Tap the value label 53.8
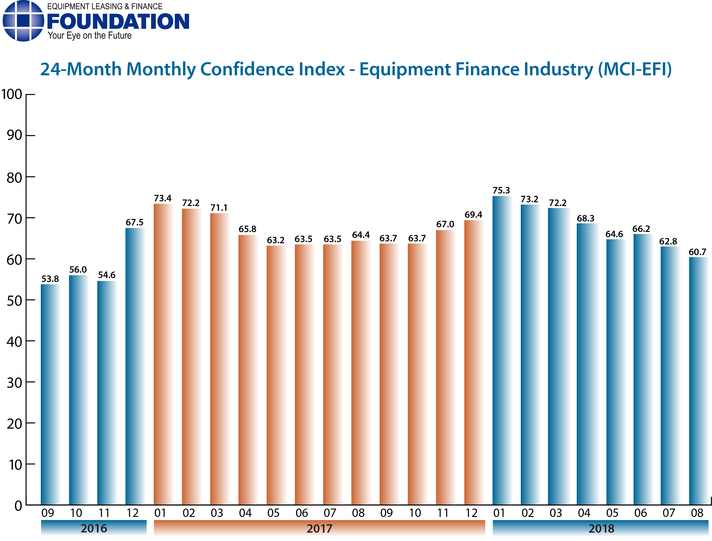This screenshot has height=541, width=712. (x=50, y=279)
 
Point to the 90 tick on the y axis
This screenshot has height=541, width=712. (x=15, y=135)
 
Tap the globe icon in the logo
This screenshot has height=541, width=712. (x=23, y=21)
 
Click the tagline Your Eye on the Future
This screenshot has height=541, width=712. (x=90, y=35)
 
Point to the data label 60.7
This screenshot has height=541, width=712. (x=697, y=252)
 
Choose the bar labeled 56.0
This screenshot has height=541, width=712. (x=78, y=390)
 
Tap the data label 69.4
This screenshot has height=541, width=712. (x=473, y=215)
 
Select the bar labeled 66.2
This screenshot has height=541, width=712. (x=643, y=369)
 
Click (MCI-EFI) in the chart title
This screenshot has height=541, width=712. (x=635, y=69)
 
